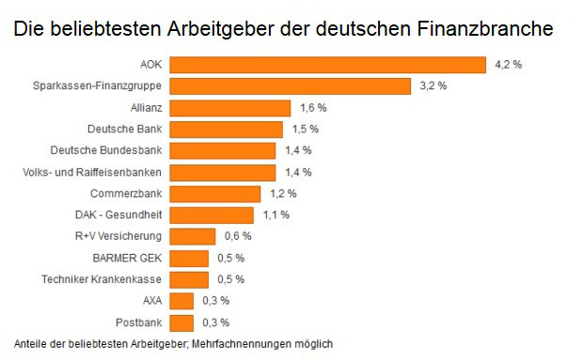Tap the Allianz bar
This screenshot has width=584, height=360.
(231, 107)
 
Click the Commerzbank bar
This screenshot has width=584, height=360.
(215, 194)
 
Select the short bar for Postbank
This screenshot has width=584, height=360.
(182, 322)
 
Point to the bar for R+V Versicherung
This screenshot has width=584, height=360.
(194, 236)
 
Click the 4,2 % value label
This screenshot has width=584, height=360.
(508, 64)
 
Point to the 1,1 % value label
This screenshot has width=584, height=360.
(276, 215)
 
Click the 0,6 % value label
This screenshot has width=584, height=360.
(239, 236)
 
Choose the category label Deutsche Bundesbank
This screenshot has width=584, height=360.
(106, 150)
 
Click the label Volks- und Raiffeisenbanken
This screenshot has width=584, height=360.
(92, 172)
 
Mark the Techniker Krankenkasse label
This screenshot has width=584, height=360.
(103, 279)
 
